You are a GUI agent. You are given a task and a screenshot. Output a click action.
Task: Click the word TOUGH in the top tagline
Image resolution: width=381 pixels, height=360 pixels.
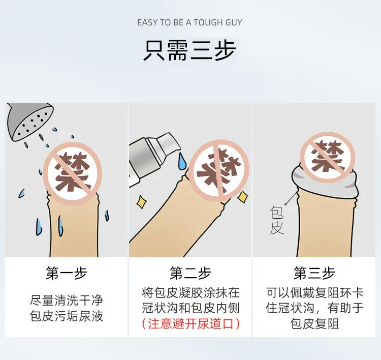[208, 22]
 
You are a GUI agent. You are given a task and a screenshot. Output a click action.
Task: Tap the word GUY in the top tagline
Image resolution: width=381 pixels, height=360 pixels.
[234, 22]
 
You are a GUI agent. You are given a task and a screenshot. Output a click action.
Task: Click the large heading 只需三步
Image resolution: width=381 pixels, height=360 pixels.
[190, 50]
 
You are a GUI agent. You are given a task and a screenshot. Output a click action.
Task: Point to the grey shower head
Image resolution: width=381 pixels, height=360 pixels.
[29, 121]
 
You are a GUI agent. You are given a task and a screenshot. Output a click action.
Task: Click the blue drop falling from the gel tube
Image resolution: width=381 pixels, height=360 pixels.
[181, 161]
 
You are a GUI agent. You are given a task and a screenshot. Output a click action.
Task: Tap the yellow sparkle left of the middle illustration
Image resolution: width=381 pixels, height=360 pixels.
[141, 202]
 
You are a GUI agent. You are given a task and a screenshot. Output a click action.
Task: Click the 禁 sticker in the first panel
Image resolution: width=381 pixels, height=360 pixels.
[72, 173]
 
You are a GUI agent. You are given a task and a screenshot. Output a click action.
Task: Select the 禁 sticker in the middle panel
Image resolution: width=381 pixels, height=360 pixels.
[218, 171]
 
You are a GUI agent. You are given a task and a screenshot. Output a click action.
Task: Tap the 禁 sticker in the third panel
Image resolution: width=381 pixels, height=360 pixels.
[327, 158]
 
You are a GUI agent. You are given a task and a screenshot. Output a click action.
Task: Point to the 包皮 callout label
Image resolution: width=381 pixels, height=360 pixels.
[277, 220]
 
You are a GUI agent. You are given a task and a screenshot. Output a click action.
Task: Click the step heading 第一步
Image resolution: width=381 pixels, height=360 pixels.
[66, 273]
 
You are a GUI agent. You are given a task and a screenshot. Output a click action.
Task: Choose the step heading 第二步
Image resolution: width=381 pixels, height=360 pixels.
[190, 273]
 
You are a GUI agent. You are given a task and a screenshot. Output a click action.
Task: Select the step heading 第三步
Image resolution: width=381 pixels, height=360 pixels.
[314, 273]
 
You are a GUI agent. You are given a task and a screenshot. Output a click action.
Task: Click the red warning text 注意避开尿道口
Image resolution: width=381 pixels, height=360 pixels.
[190, 324]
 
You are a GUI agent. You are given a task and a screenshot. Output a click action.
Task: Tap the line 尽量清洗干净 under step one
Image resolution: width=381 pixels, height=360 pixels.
[67, 301]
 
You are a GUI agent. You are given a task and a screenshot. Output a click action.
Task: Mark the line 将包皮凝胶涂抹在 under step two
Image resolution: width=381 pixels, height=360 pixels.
[190, 292]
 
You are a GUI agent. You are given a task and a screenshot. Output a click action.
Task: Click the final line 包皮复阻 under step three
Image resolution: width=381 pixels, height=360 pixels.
[314, 324]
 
